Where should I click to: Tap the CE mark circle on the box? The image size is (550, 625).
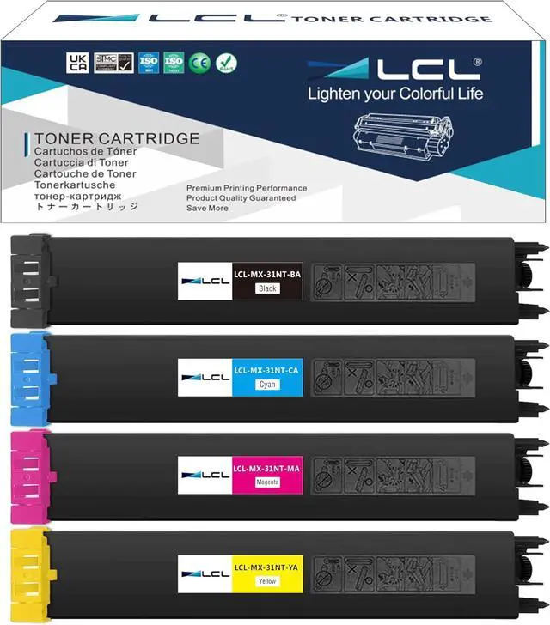point(202,63)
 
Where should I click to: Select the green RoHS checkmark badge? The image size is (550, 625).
point(227,63)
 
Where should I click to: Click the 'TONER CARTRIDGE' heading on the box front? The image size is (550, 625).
point(117,138)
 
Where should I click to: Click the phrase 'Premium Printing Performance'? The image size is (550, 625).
point(247,188)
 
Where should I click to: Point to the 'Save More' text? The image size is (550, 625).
point(207,208)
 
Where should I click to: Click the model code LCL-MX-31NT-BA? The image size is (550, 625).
point(267,275)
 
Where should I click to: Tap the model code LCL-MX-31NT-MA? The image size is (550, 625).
point(267,468)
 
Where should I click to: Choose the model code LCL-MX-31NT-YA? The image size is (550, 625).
point(267,567)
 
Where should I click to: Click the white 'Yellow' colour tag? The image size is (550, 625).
point(267,582)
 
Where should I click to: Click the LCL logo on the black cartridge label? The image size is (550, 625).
point(205,282)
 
